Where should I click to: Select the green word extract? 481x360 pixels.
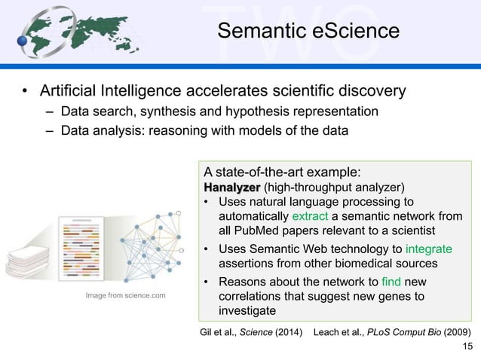tap(323, 215)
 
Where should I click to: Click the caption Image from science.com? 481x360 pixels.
tap(124, 295)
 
